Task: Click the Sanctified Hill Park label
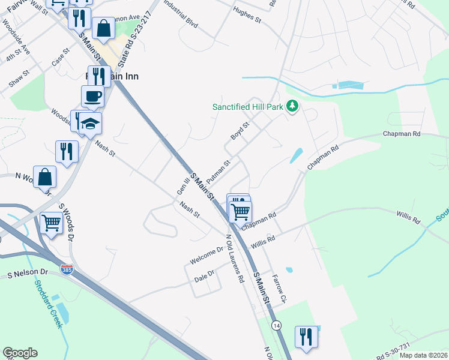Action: [x=248, y=107]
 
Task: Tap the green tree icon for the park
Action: [x=292, y=107]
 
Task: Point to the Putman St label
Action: [x=218, y=172]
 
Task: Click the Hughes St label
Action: [x=248, y=14]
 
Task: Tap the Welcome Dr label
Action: [x=206, y=256]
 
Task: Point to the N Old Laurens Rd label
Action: [x=235, y=258]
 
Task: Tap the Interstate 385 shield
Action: [x=67, y=270]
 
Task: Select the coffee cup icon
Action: [x=92, y=95]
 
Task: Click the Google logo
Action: [x=20, y=353]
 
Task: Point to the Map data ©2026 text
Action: [x=423, y=355]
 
